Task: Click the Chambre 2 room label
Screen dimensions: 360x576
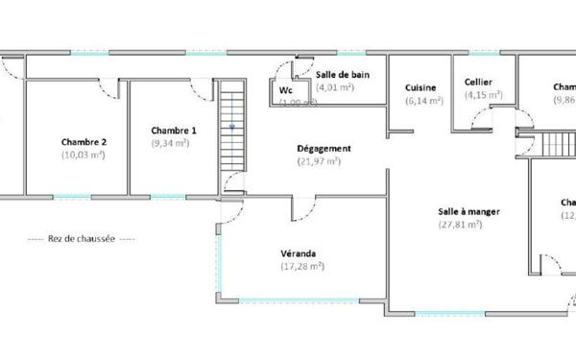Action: pyautogui.click(x=84, y=142)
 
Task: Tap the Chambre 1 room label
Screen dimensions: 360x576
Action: pyautogui.click(x=174, y=131)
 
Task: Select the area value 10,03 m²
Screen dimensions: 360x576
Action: pyautogui.click(x=84, y=154)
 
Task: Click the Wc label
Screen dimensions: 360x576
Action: pyautogui.click(x=285, y=90)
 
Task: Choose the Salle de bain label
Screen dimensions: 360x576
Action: pyautogui.click(x=343, y=73)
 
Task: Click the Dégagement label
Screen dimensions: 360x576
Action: pyautogui.click(x=323, y=149)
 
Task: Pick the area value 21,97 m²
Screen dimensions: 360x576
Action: pyautogui.click(x=320, y=161)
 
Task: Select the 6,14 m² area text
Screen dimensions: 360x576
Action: pyautogui.click(x=423, y=100)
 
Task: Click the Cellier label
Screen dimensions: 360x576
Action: pyautogui.click(x=479, y=83)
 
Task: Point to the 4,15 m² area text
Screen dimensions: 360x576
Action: pyautogui.click(x=484, y=95)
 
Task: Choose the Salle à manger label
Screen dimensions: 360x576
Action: pyautogui.click(x=470, y=212)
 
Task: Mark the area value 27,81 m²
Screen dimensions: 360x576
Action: pyautogui.click(x=460, y=225)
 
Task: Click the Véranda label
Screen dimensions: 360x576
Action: pyautogui.click(x=300, y=253)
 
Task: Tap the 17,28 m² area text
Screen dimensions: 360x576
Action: pyautogui.click(x=302, y=266)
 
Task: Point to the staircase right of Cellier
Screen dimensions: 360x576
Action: pyautogui.click(x=555, y=147)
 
